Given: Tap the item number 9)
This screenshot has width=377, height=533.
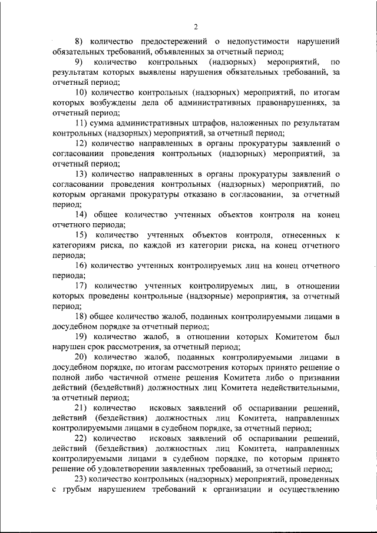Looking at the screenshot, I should (x=80, y=61).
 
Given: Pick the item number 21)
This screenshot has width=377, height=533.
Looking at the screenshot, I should (x=81, y=409).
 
